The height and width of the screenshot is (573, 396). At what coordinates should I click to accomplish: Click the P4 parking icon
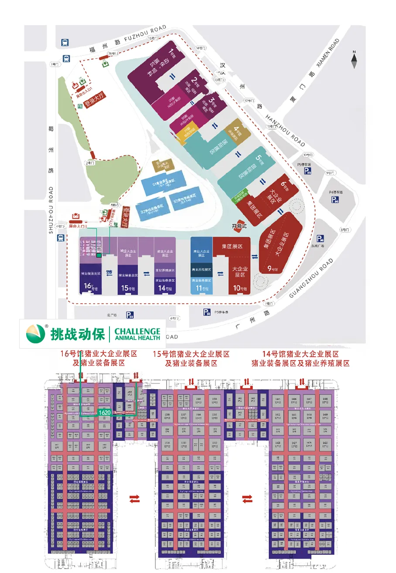coord(335,200)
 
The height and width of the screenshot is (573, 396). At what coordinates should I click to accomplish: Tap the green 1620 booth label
coord(104,412)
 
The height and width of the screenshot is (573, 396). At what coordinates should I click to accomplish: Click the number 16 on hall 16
coord(87,286)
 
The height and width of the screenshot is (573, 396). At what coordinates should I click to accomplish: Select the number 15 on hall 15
coord(124,288)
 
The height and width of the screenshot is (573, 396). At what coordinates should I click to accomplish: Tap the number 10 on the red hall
coord(236,288)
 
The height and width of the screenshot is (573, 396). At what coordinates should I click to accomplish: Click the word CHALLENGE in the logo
coord(137,331)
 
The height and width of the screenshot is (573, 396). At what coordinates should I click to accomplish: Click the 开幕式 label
coord(239,227)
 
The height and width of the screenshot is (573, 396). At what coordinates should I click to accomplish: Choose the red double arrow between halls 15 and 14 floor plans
coord(247,498)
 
